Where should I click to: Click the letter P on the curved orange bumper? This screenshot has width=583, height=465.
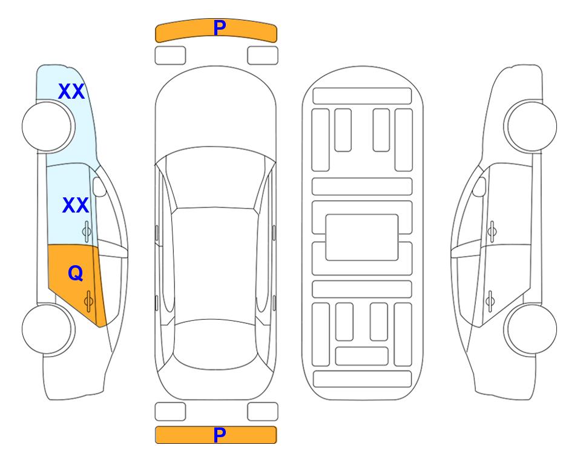pyautogui.click(x=219, y=28)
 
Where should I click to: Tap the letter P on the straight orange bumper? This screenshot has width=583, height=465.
pyautogui.click(x=219, y=435)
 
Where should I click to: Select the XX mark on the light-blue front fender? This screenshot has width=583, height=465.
pyautogui.click(x=71, y=91)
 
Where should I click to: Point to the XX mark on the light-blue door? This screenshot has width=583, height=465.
pyautogui.click(x=76, y=205)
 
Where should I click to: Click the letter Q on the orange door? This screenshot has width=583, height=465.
pyautogui.click(x=76, y=274)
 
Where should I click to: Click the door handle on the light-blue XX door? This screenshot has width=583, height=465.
pyautogui.click(x=87, y=231)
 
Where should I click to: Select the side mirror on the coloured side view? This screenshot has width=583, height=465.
pyautogui.click(x=99, y=186)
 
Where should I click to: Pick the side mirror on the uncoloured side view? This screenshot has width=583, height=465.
pyautogui.click(x=479, y=186)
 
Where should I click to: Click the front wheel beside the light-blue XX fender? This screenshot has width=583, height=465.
pyautogui.click(x=48, y=127)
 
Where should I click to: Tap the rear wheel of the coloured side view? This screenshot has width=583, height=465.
pyautogui.click(x=48, y=329)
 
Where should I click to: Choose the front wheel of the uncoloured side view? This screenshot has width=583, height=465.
pyautogui.click(x=530, y=126)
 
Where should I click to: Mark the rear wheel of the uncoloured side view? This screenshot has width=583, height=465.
pyautogui.click(x=530, y=329)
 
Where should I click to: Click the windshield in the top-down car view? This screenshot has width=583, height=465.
pyautogui.click(x=216, y=178)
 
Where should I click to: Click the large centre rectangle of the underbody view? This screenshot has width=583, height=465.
pyautogui.click(x=362, y=237)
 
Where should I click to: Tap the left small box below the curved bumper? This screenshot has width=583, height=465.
pyautogui.click(x=170, y=56)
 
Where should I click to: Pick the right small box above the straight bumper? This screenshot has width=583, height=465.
pyautogui.click(x=263, y=412)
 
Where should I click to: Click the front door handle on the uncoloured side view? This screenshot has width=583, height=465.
pyautogui.click(x=492, y=231)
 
